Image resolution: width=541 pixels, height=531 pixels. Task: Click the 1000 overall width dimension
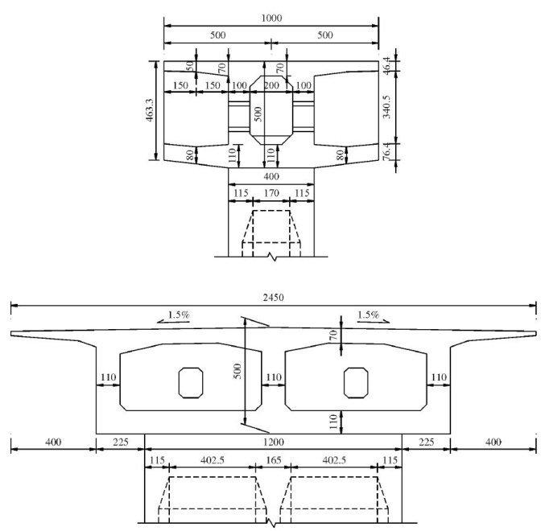pyautogui.click(x=271, y=18)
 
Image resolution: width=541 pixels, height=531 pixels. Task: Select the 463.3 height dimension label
pyautogui.click(x=149, y=110)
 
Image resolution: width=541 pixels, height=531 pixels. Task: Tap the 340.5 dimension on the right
pyautogui.click(x=386, y=107)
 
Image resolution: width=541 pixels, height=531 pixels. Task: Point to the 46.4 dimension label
pyautogui.click(x=387, y=65)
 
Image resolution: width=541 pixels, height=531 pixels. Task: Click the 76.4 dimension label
pyautogui.click(x=387, y=152)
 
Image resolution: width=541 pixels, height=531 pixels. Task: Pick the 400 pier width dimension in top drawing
pyautogui.click(x=271, y=176)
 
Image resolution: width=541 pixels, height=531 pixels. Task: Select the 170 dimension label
pyautogui.click(x=271, y=193)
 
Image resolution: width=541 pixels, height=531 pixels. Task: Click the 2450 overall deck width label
pyautogui.click(x=273, y=298)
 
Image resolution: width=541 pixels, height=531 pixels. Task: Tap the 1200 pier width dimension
pyautogui.click(x=273, y=442)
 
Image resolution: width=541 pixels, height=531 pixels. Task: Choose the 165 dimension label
pyautogui.click(x=274, y=460)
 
